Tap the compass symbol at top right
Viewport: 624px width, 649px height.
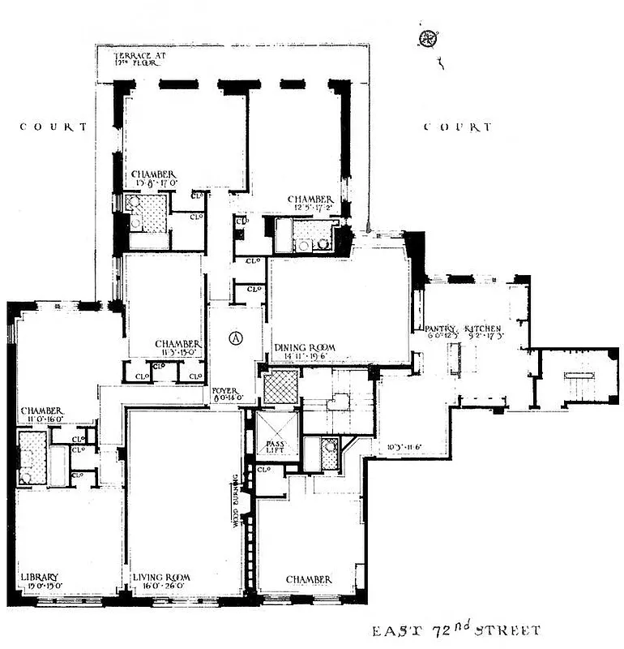[x=427, y=37]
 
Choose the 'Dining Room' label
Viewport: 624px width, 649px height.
[x=305, y=348]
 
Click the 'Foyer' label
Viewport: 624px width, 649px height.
[x=224, y=390]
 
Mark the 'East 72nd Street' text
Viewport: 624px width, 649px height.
[x=455, y=630]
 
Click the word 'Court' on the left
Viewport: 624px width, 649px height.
[x=53, y=127]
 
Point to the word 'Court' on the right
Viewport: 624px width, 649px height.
[x=458, y=127]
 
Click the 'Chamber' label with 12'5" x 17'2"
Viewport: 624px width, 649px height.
[x=311, y=199]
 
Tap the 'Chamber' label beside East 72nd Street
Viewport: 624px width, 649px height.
[x=308, y=579]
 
